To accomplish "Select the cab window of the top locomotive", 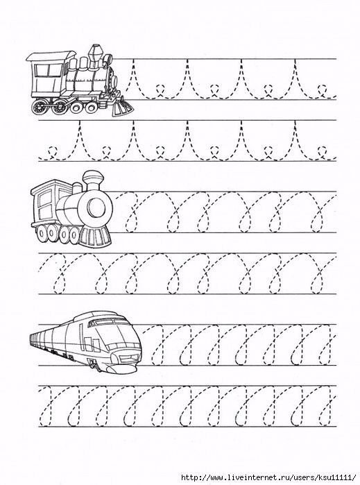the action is tap(48, 71).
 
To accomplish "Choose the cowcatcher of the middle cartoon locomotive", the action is tap(96, 236).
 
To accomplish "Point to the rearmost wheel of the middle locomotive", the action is tap(42, 235).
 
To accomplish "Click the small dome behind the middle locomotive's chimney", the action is tap(76, 189).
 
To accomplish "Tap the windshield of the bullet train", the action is tap(108, 321).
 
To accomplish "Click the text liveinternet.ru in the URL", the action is tap(252, 477).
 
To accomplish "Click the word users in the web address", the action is tap(300, 477).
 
